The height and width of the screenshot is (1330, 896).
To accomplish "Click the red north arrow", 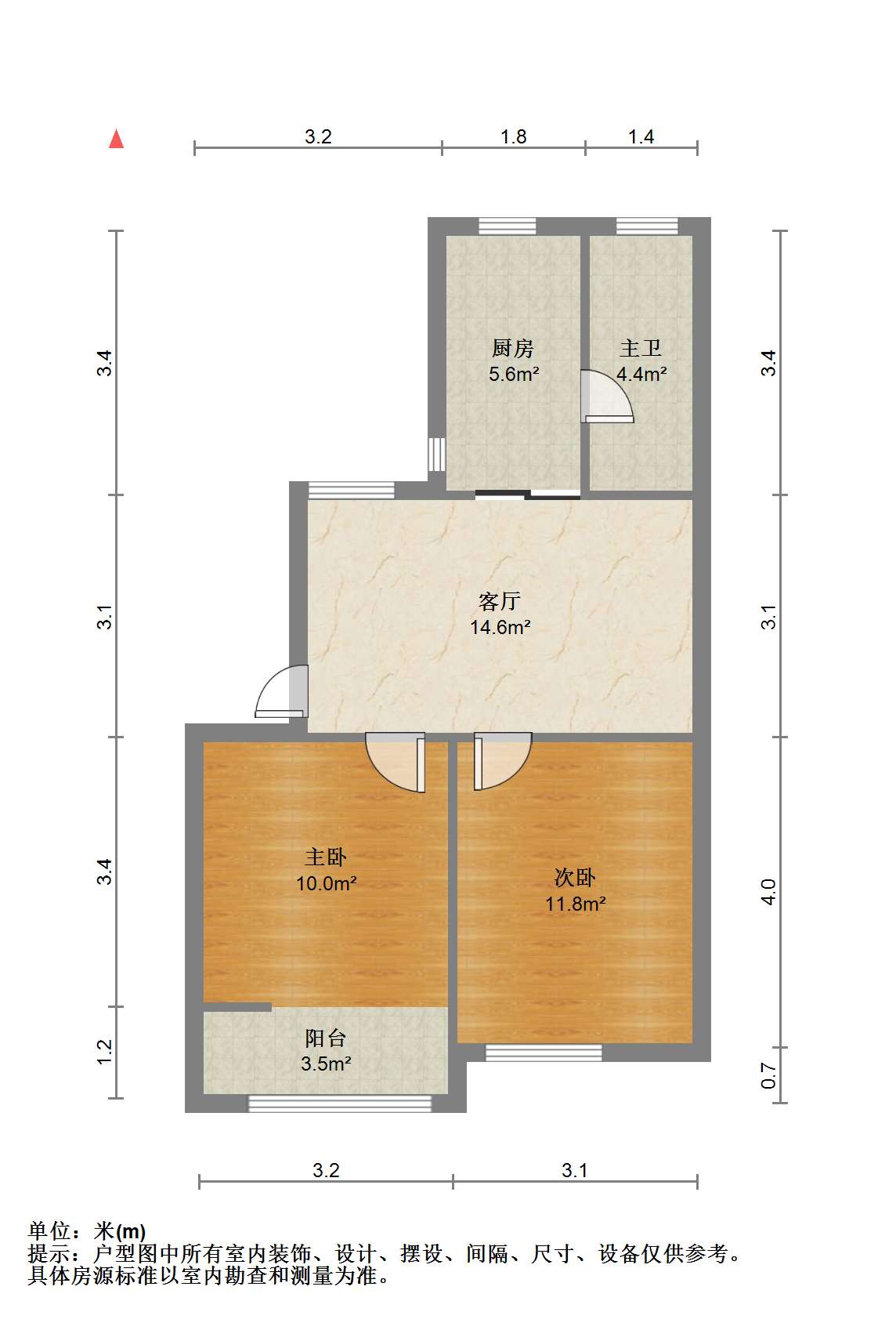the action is (x=116, y=140).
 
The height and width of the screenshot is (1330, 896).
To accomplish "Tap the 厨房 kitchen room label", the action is (x=513, y=349).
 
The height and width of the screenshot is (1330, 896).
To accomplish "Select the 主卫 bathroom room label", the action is (x=641, y=349).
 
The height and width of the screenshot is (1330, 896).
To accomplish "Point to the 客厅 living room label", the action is (x=500, y=601).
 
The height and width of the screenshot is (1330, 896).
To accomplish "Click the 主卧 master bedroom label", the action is (x=326, y=857).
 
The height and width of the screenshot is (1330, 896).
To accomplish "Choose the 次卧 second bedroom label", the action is (x=575, y=878).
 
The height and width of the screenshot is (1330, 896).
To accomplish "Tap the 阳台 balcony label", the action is (x=326, y=1038).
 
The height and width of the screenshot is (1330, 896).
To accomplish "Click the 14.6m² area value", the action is (x=500, y=628).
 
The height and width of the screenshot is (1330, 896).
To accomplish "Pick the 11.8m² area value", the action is (x=576, y=904).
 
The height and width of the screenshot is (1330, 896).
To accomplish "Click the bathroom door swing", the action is (x=606, y=397).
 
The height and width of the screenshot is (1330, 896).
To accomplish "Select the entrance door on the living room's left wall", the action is (x=282, y=691).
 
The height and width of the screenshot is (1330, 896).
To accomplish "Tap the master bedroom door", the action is (x=396, y=763).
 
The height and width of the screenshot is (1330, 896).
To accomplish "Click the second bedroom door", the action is (x=503, y=761).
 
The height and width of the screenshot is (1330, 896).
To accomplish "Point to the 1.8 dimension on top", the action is (x=513, y=137).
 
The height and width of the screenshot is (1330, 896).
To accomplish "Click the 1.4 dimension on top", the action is (x=641, y=137).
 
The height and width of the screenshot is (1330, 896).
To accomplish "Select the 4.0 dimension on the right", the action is (x=769, y=892).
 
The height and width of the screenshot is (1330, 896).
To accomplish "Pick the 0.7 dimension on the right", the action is (x=769, y=1075).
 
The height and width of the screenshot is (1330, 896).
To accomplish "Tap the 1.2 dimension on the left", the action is (x=104, y=1052).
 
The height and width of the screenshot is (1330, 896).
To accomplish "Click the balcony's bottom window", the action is (x=339, y=1104).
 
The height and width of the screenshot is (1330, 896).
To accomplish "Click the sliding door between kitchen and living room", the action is (x=528, y=494).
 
